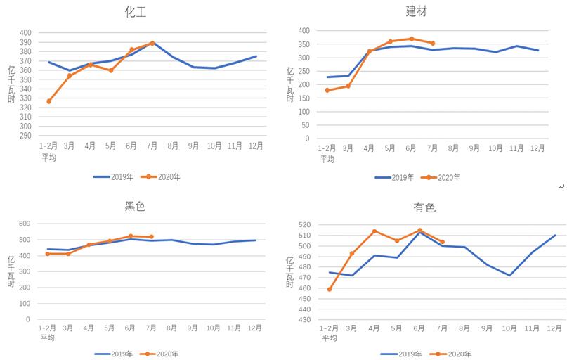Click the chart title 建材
point(416,11)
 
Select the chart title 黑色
point(135,206)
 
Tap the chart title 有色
point(424,207)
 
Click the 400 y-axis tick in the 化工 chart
point(26,33)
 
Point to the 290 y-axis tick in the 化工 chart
point(26,135)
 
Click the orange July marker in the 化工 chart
point(152,43)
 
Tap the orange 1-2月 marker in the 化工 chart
point(48,101)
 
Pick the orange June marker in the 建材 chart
point(412,39)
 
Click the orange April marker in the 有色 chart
point(374,231)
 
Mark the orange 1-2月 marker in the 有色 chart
point(330,289)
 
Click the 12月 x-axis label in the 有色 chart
point(554,328)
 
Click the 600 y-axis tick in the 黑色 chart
point(24,224)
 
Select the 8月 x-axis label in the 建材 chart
point(453,148)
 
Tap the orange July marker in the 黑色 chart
point(151,237)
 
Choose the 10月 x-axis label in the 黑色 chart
point(214,328)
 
